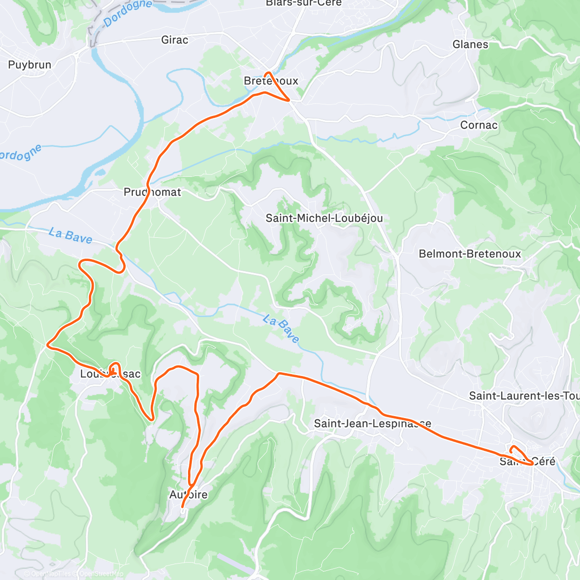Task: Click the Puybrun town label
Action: click(29, 65)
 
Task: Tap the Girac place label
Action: click(174, 40)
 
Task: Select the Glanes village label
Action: click(470, 44)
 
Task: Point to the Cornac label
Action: click(478, 125)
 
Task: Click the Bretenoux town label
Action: click(271, 81)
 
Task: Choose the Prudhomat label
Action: click(152, 192)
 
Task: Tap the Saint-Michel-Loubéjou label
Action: click(324, 218)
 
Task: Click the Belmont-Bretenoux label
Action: click(470, 254)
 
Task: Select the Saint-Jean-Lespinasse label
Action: click(372, 424)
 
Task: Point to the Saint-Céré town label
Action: click(527, 462)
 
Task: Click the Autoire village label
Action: click(188, 494)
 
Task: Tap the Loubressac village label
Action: click(110, 374)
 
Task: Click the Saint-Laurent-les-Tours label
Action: click(524, 396)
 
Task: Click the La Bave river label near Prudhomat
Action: click(71, 235)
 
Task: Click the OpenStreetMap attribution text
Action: click(101, 574)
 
